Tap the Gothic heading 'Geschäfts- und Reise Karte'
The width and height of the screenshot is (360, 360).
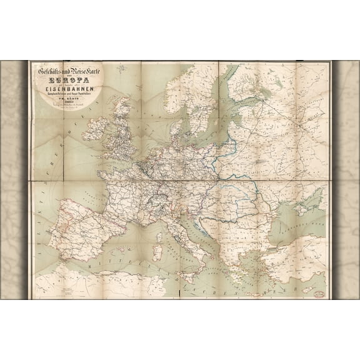tap(62, 71)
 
